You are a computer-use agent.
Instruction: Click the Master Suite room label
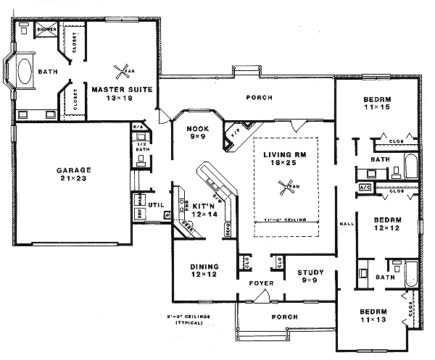(x=116, y=93)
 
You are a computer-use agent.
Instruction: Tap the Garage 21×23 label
(x=75, y=175)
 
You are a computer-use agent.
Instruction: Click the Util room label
(x=156, y=206)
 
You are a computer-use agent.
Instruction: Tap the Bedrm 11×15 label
(x=376, y=103)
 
